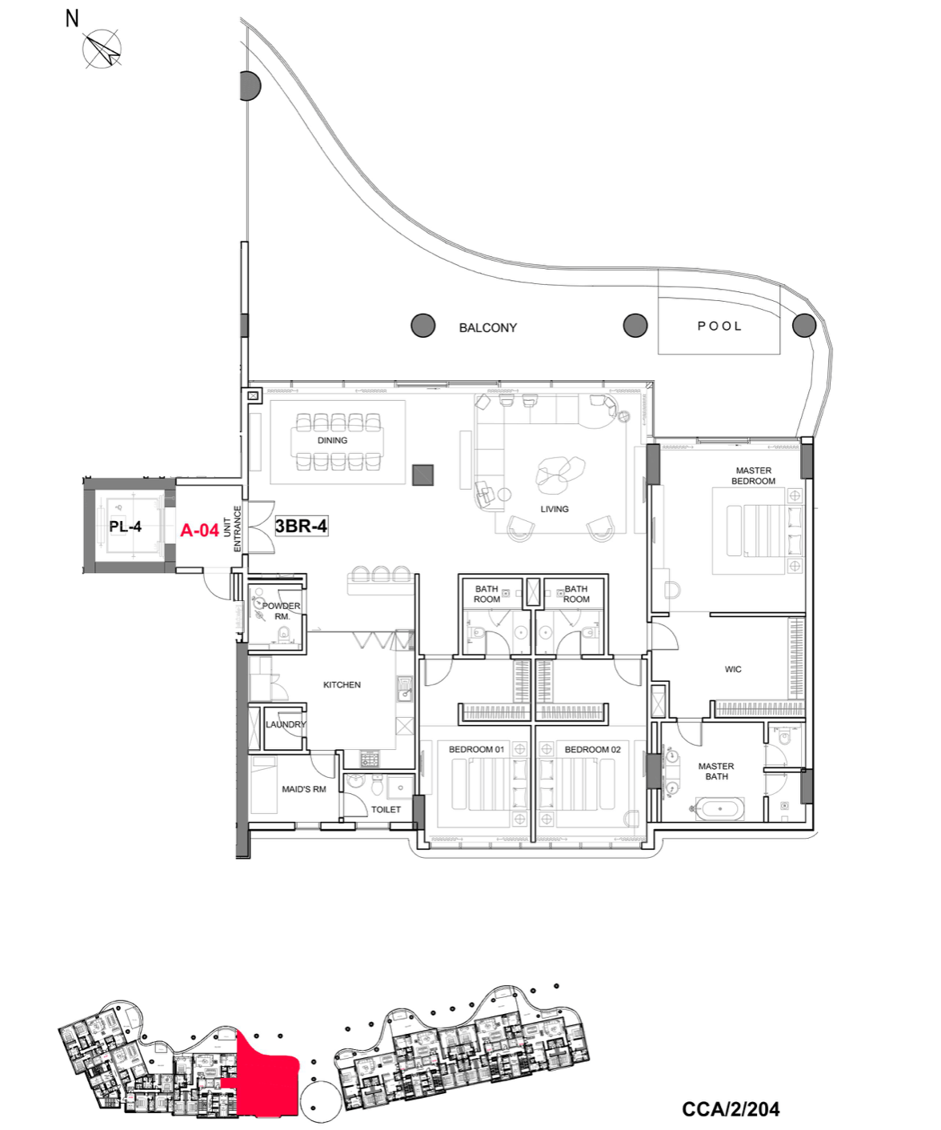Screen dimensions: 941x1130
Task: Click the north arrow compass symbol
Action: click(102, 50)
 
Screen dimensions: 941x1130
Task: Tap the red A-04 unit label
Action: click(199, 530)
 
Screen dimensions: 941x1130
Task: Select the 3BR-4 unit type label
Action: click(302, 526)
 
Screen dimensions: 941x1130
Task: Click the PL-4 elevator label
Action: click(125, 526)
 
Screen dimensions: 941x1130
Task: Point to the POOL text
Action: click(719, 326)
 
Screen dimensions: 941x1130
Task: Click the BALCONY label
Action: click(487, 327)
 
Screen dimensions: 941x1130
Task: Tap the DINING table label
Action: click(332, 440)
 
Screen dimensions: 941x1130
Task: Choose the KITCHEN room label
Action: click(342, 684)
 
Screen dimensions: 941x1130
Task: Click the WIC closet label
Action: click(733, 670)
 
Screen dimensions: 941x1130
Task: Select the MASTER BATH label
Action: click(716, 771)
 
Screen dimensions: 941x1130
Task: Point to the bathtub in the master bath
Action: click(719, 808)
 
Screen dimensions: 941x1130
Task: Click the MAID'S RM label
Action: click(303, 789)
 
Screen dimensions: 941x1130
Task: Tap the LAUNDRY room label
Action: click(286, 724)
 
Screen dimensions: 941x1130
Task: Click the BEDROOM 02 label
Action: click(592, 750)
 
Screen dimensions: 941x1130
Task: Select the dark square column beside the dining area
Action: click(422, 475)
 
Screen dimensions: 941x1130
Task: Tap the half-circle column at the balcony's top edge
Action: click(250, 86)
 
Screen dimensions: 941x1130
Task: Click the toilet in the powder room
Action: click(283, 633)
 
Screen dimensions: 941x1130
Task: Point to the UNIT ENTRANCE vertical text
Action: click(231, 529)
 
